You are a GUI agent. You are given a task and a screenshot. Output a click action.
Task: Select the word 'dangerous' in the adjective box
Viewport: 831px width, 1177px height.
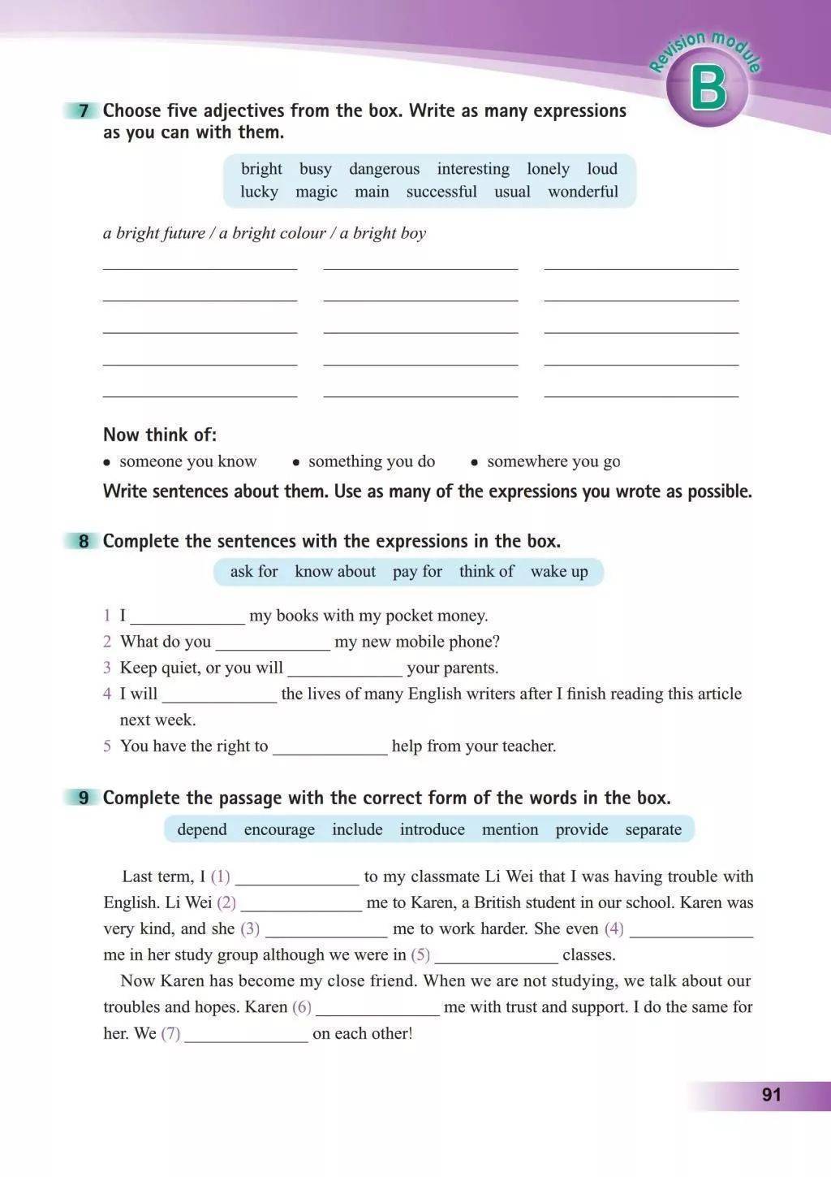click(384, 169)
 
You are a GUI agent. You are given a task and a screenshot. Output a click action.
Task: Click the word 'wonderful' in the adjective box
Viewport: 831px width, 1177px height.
click(583, 192)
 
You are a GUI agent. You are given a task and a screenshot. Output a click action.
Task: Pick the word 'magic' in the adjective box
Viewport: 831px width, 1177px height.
click(316, 192)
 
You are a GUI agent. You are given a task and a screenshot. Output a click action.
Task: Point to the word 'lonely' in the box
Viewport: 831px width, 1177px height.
click(548, 169)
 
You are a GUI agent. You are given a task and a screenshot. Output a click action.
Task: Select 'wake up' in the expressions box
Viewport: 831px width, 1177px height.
click(559, 571)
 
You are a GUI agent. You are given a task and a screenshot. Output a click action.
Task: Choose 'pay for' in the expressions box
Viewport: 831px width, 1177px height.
click(417, 571)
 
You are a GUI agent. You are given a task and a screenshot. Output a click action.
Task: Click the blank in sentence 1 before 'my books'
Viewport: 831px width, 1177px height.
click(187, 617)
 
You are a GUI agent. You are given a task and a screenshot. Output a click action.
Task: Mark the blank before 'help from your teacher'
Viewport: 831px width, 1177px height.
click(329, 747)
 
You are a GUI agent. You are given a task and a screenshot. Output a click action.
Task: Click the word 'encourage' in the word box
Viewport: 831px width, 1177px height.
click(279, 829)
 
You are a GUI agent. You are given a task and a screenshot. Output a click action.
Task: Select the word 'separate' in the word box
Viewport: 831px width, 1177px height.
click(653, 829)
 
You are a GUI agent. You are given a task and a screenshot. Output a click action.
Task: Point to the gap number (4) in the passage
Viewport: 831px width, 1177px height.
click(614, 928)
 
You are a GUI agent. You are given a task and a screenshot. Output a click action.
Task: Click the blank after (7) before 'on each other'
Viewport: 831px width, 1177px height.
click(246, 1035)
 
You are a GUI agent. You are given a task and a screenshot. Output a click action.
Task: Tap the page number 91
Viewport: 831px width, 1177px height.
click(771, 1094)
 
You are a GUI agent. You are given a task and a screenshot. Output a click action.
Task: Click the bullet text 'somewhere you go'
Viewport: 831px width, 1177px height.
click(553, 461)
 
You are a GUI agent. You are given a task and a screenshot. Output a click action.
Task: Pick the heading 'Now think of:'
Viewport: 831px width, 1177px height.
click(160, 435)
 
